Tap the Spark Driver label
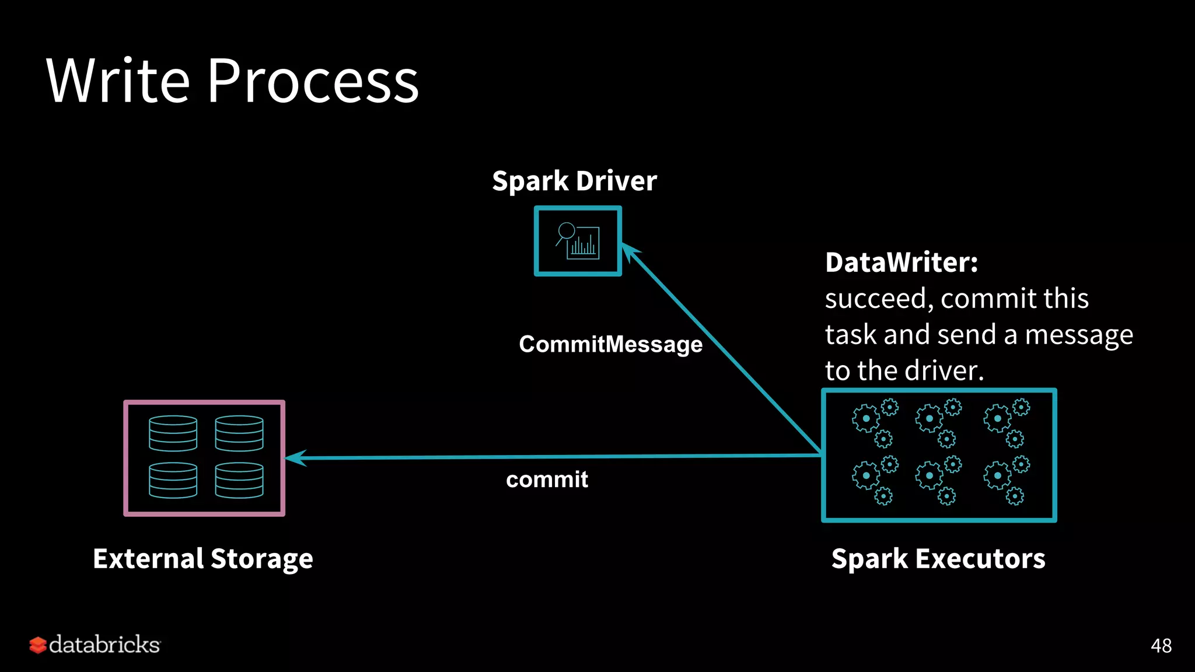[x=574, y=181]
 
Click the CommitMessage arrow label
[x=610, y=344]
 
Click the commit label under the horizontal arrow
[x=547, y=480]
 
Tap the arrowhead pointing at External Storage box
[x=295, y=458]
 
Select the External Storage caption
[x=203, y=559]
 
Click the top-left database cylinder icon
[x=173, y=433]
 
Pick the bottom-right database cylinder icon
[x=239, y=480]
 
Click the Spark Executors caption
[x=938, y=559]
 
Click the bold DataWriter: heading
[x=902, y=262]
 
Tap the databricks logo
[x=95, y=645]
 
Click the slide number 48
[x=1161, y=646]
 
